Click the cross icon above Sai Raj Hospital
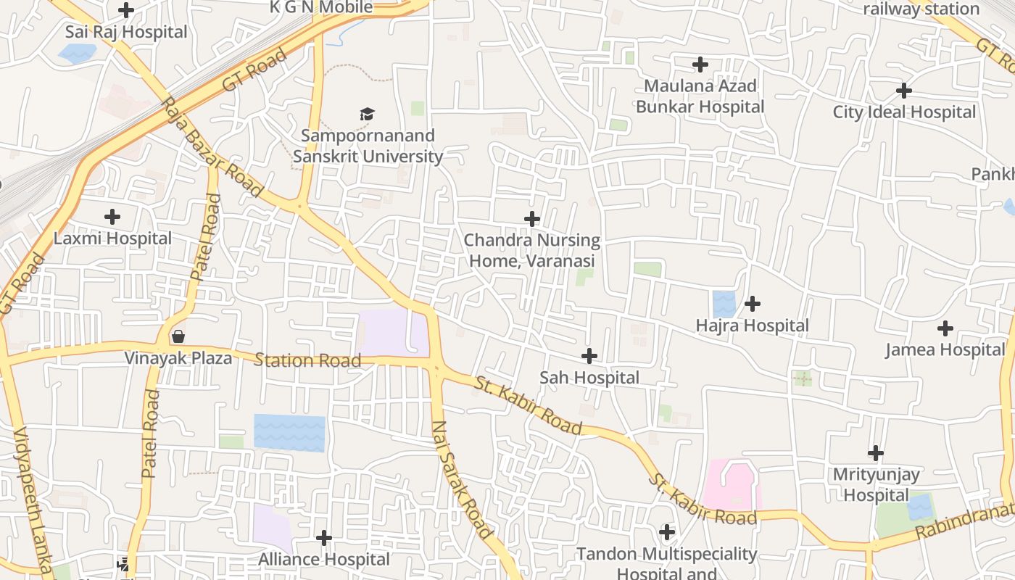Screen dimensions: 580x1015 point(126,10)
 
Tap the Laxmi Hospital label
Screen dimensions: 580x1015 point(113,239)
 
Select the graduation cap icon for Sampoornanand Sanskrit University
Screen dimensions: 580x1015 point(367,114)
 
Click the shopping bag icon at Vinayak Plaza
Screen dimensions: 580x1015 point(178,336)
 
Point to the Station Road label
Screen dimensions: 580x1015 point(307,360)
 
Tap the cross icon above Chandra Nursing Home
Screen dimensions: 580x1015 point(532,218)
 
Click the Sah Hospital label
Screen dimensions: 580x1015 point(589,378)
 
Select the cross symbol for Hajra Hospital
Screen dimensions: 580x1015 point(753,303)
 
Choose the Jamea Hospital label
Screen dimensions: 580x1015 point(945,350)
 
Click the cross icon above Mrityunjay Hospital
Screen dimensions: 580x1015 point(876,453)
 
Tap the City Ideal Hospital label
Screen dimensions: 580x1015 point(904,112)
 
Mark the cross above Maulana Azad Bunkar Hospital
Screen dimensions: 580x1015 point(700,65)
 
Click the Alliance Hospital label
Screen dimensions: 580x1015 point(324,560)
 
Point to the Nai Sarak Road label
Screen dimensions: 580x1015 point(462,479)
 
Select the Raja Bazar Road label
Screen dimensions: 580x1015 point(212,147)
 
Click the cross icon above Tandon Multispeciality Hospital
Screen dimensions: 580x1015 point(667,532)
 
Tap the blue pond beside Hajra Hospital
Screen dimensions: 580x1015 point(724,304)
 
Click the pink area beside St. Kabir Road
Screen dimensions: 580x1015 point(731,485)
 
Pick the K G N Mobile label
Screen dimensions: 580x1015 point(321,7)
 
